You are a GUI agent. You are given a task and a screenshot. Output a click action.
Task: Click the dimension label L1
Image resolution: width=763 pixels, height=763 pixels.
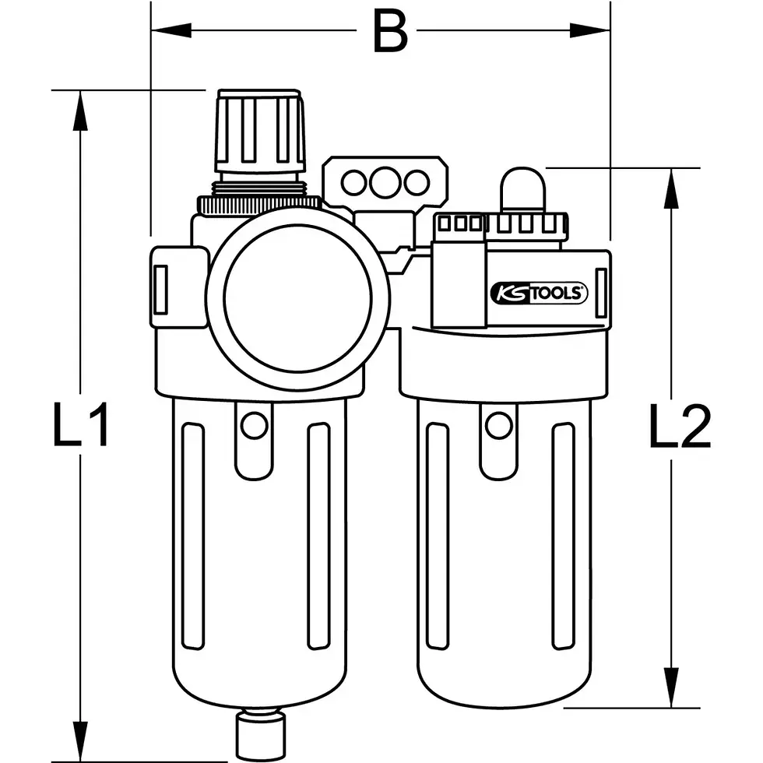80,425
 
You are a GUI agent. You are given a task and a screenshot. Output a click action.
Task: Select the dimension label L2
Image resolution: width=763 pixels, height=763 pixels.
680,427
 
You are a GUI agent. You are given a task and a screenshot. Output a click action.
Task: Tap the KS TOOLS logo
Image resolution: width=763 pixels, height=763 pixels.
538,294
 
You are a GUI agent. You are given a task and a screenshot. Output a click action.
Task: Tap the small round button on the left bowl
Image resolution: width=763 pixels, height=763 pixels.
252,425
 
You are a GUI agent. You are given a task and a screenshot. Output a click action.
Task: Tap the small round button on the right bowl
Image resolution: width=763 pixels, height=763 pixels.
498,425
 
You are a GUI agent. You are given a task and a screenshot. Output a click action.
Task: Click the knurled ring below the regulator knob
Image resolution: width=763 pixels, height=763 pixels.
258,204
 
